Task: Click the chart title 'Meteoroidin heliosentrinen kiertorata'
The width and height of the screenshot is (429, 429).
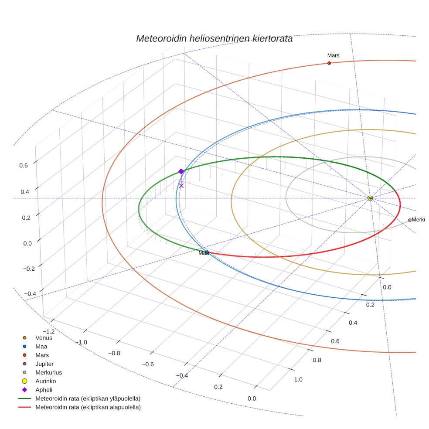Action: pos(214,38)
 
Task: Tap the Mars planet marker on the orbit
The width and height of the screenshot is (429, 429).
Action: pos(329,63)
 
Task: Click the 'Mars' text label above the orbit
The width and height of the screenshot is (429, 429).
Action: pos(333,55)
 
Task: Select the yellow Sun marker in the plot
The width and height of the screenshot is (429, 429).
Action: pos(370,198)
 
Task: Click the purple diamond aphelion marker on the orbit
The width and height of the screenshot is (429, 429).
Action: pos(181,171)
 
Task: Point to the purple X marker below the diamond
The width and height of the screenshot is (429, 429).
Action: pos(181,186)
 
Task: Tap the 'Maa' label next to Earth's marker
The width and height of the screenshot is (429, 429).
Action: pos(203,253)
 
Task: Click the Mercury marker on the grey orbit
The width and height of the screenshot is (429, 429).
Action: pos(409,220)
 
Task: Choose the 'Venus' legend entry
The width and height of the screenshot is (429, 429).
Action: pos(44,337)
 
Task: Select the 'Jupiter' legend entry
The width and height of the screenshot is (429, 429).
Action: pos(44,364)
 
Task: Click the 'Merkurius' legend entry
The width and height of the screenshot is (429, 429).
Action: pos(48,372)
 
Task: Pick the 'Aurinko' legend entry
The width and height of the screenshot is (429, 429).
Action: pos(45,381)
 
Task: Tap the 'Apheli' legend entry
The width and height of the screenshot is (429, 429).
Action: pos(44,390)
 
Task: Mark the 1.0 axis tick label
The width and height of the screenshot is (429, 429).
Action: pos(298,380)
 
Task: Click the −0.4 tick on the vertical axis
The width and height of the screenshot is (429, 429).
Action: pos(29,293)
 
